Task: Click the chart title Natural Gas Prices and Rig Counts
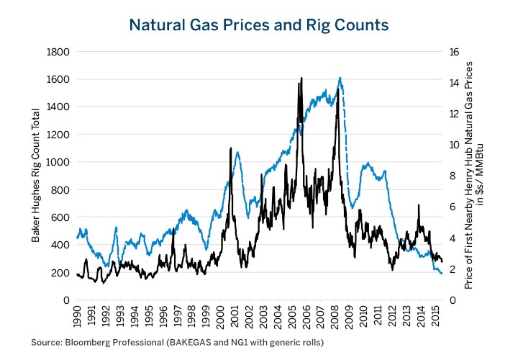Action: pyautogui.click(x=259, y=24)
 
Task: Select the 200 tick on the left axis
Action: pyautogui.click(x=60, y=273)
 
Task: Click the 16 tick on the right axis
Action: pyautogui.click(x=455, y=52)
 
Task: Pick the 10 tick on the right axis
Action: pyautogui.click(x=455, y=145)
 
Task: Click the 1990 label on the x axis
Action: pyautogui.click(x=77, y=318)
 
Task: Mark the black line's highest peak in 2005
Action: pyautogui.click(x=301, y=77)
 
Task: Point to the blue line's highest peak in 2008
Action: pyautogui.click(x=340, y=78)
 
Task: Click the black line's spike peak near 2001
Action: pyautogui.click(x=230, y=148)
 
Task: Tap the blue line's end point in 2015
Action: pyautogui.click(x=442, y=273)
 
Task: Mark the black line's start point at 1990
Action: pyautogui.click(x=76, y=274)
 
